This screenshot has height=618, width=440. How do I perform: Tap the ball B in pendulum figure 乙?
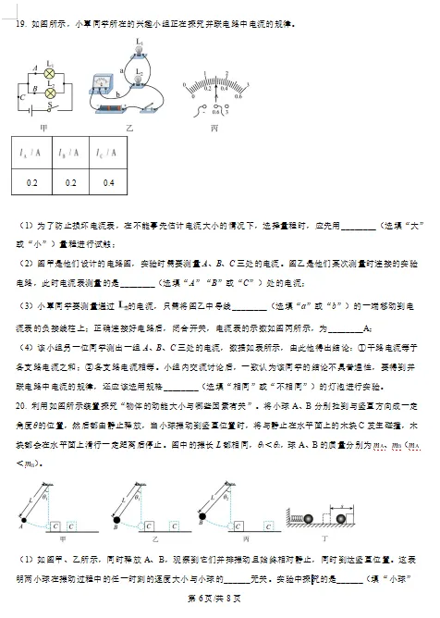[x=113, y=524]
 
